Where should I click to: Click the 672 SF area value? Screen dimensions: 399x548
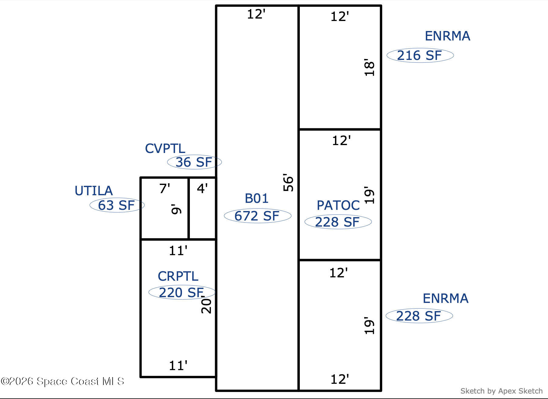(x=257, y=216)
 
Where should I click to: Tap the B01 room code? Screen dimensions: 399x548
(x=257, y=199)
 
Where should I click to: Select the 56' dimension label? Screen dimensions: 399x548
(x=288, y=182)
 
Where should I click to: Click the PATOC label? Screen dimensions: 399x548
(x=338, y=205)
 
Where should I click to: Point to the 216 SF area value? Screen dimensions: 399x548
(x=420, y=55)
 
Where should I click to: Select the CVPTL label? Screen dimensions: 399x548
(x=165, y=148)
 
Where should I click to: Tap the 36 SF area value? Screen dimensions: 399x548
(x=194, y=162)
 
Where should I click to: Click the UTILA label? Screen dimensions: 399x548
(x=94, y=191)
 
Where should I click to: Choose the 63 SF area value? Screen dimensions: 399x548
(x=116, y=205)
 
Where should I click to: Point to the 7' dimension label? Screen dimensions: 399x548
(x=165, y=189)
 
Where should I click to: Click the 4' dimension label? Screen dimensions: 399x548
(x=202, y=189)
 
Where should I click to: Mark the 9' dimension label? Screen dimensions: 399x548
(x=176, y=210)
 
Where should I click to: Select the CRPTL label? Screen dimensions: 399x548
(x=178, y=276)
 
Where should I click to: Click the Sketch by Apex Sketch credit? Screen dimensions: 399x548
(x=501, y=391)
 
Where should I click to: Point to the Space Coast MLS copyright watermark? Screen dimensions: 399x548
(x=62, y=381)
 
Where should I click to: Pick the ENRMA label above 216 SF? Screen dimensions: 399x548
(x=447, y=36)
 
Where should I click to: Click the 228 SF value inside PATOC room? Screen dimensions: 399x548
(x=337, y=222)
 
